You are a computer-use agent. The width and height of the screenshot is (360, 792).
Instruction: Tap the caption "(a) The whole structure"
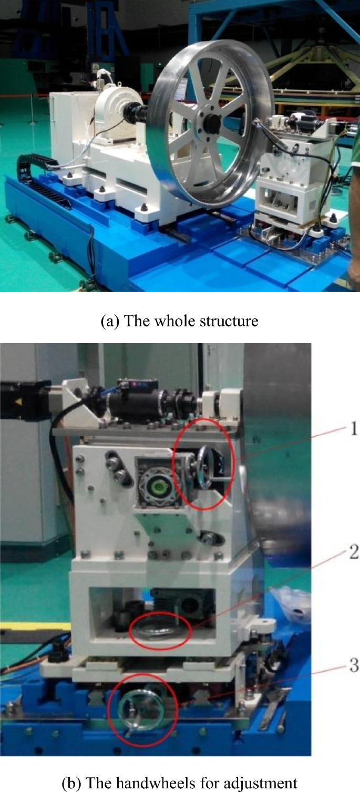coord(179,321)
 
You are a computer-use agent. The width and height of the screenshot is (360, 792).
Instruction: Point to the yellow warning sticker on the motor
coord(19,384)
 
